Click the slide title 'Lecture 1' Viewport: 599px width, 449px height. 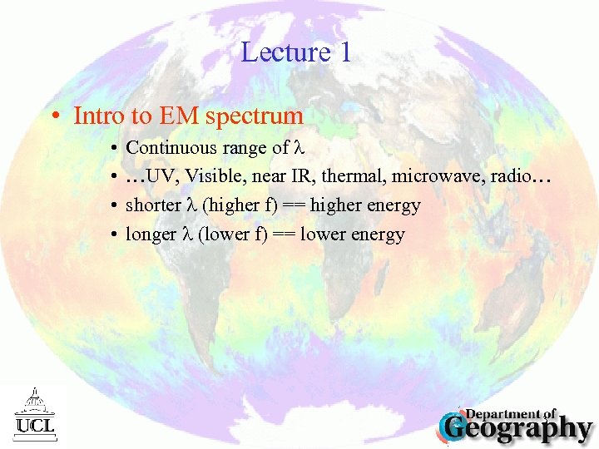coord(296,52)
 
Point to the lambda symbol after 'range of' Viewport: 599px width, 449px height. coord(302,148)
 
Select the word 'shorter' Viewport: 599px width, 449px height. coord(152,205)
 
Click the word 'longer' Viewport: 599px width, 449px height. coord(150,234)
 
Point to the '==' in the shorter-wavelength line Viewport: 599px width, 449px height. coord(292,205)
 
